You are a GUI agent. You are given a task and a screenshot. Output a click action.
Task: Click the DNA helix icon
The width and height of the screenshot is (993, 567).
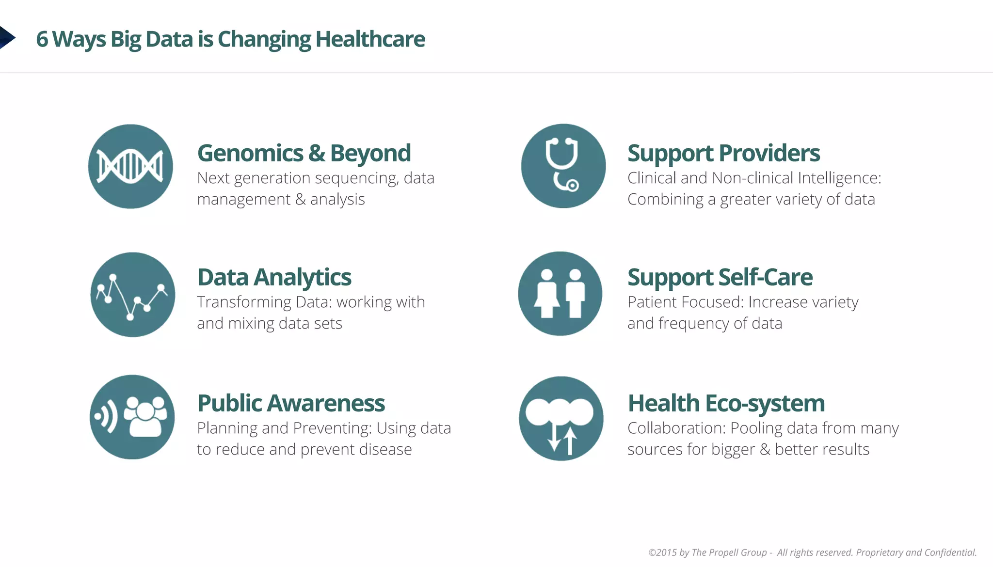coord(130,167)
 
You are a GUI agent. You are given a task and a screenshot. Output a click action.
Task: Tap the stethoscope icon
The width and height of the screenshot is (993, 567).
coord(563,166)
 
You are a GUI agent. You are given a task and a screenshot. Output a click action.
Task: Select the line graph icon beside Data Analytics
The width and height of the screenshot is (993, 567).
coord(132,295)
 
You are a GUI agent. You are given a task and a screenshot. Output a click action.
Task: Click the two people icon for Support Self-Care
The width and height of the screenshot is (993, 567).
coord(560,294)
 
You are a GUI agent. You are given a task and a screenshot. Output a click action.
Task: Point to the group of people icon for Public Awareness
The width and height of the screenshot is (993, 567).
coord(132,417)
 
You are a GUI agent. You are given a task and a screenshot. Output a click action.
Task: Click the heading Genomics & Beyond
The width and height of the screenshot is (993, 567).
coord(304,153)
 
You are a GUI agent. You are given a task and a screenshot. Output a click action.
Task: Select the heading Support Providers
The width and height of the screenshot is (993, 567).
coord(723,153)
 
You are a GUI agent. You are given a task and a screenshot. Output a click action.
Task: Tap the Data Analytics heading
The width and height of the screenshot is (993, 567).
coord(274,277)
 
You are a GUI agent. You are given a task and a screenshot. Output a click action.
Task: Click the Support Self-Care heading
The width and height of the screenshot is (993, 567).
coord(720,277)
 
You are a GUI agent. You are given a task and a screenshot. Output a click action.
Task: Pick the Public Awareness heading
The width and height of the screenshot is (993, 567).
coord(291,403)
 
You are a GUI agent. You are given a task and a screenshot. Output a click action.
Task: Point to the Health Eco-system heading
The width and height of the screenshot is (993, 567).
coord(726,403)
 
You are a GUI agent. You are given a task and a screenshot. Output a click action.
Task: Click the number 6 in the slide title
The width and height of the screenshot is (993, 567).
coord(42,39)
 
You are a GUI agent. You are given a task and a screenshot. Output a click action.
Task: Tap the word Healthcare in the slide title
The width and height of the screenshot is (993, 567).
coord(370,39)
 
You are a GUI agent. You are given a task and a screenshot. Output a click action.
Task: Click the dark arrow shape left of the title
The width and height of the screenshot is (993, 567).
coord(7,37)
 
